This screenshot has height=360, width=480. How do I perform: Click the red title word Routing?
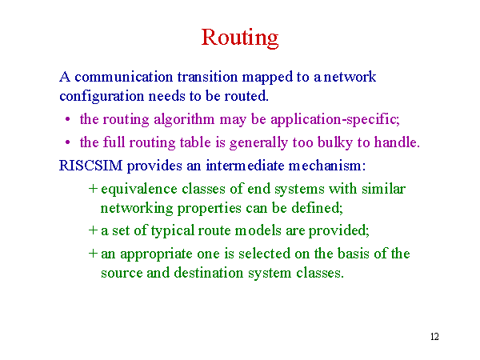click(240, 38)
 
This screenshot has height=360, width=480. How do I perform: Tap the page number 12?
click(434, 337)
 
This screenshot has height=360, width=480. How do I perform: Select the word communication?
click(124, 77)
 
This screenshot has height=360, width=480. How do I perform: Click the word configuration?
click(102, 97)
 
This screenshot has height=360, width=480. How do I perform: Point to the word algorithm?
click(184, 120)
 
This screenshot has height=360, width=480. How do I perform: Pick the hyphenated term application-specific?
click(335, 120)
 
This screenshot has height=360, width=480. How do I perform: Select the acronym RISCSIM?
click(90, 166)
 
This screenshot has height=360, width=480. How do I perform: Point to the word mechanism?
click(325, 166)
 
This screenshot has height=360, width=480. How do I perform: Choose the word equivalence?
click(139, 189)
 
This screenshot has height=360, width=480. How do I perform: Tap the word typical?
click(172, 231)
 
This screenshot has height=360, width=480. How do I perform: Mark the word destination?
click(208, 273)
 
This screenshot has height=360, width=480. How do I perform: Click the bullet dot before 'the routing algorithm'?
click(68, 120)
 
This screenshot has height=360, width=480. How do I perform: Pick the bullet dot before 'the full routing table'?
click(68, 142)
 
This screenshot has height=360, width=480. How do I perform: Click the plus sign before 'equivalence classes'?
click(93, 189)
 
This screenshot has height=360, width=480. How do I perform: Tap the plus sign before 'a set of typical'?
click(93, 230)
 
